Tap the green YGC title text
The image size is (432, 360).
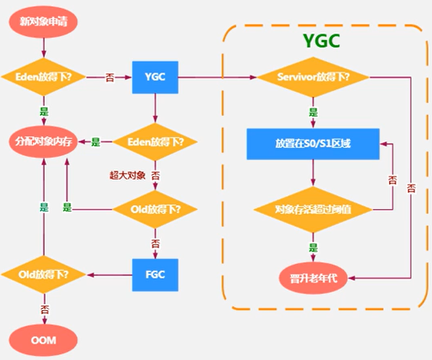coord(321,42)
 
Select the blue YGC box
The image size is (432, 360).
coord(155,77)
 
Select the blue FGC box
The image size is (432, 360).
coord(155,273)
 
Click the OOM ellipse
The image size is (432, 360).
coord(44,341)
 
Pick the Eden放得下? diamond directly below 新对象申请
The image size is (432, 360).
coord(44,77)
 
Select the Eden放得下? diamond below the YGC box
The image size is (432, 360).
coord(155,141)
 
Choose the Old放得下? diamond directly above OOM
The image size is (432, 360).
coord(44,274)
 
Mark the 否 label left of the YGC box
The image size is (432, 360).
coord(109,77)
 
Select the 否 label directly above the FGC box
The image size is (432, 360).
coord(155,242)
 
